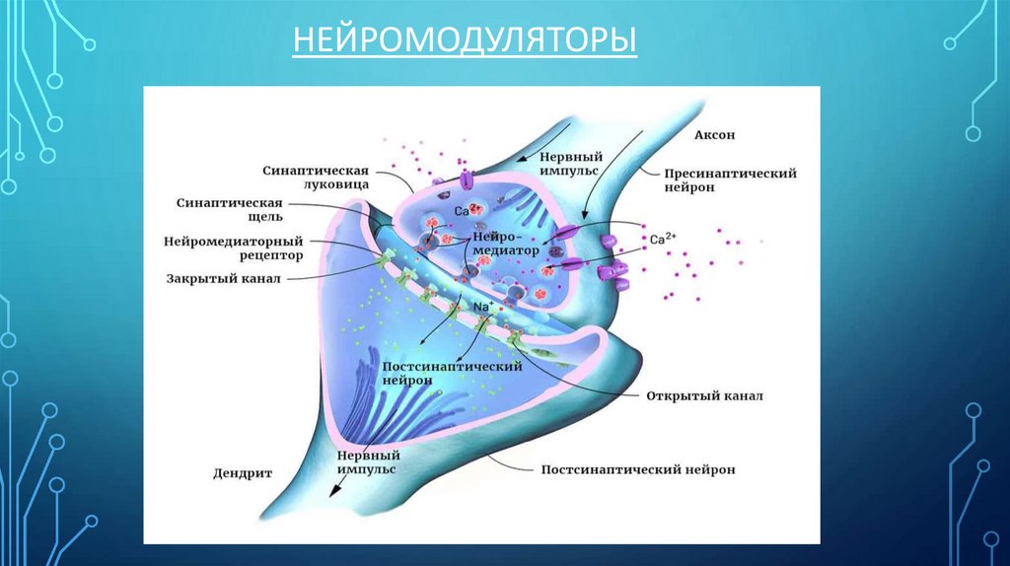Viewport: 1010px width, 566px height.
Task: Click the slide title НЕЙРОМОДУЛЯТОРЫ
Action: [464, 43]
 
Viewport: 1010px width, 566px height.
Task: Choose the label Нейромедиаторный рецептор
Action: [233, 248]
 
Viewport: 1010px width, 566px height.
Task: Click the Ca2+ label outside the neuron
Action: [663, 239]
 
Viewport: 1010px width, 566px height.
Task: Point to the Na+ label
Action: [483, 307]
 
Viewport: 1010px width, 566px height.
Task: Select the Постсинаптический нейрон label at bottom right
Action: [638, 470]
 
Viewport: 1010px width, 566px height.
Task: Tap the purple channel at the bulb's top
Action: [466, 180]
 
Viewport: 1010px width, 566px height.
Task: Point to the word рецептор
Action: [268, 255]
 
